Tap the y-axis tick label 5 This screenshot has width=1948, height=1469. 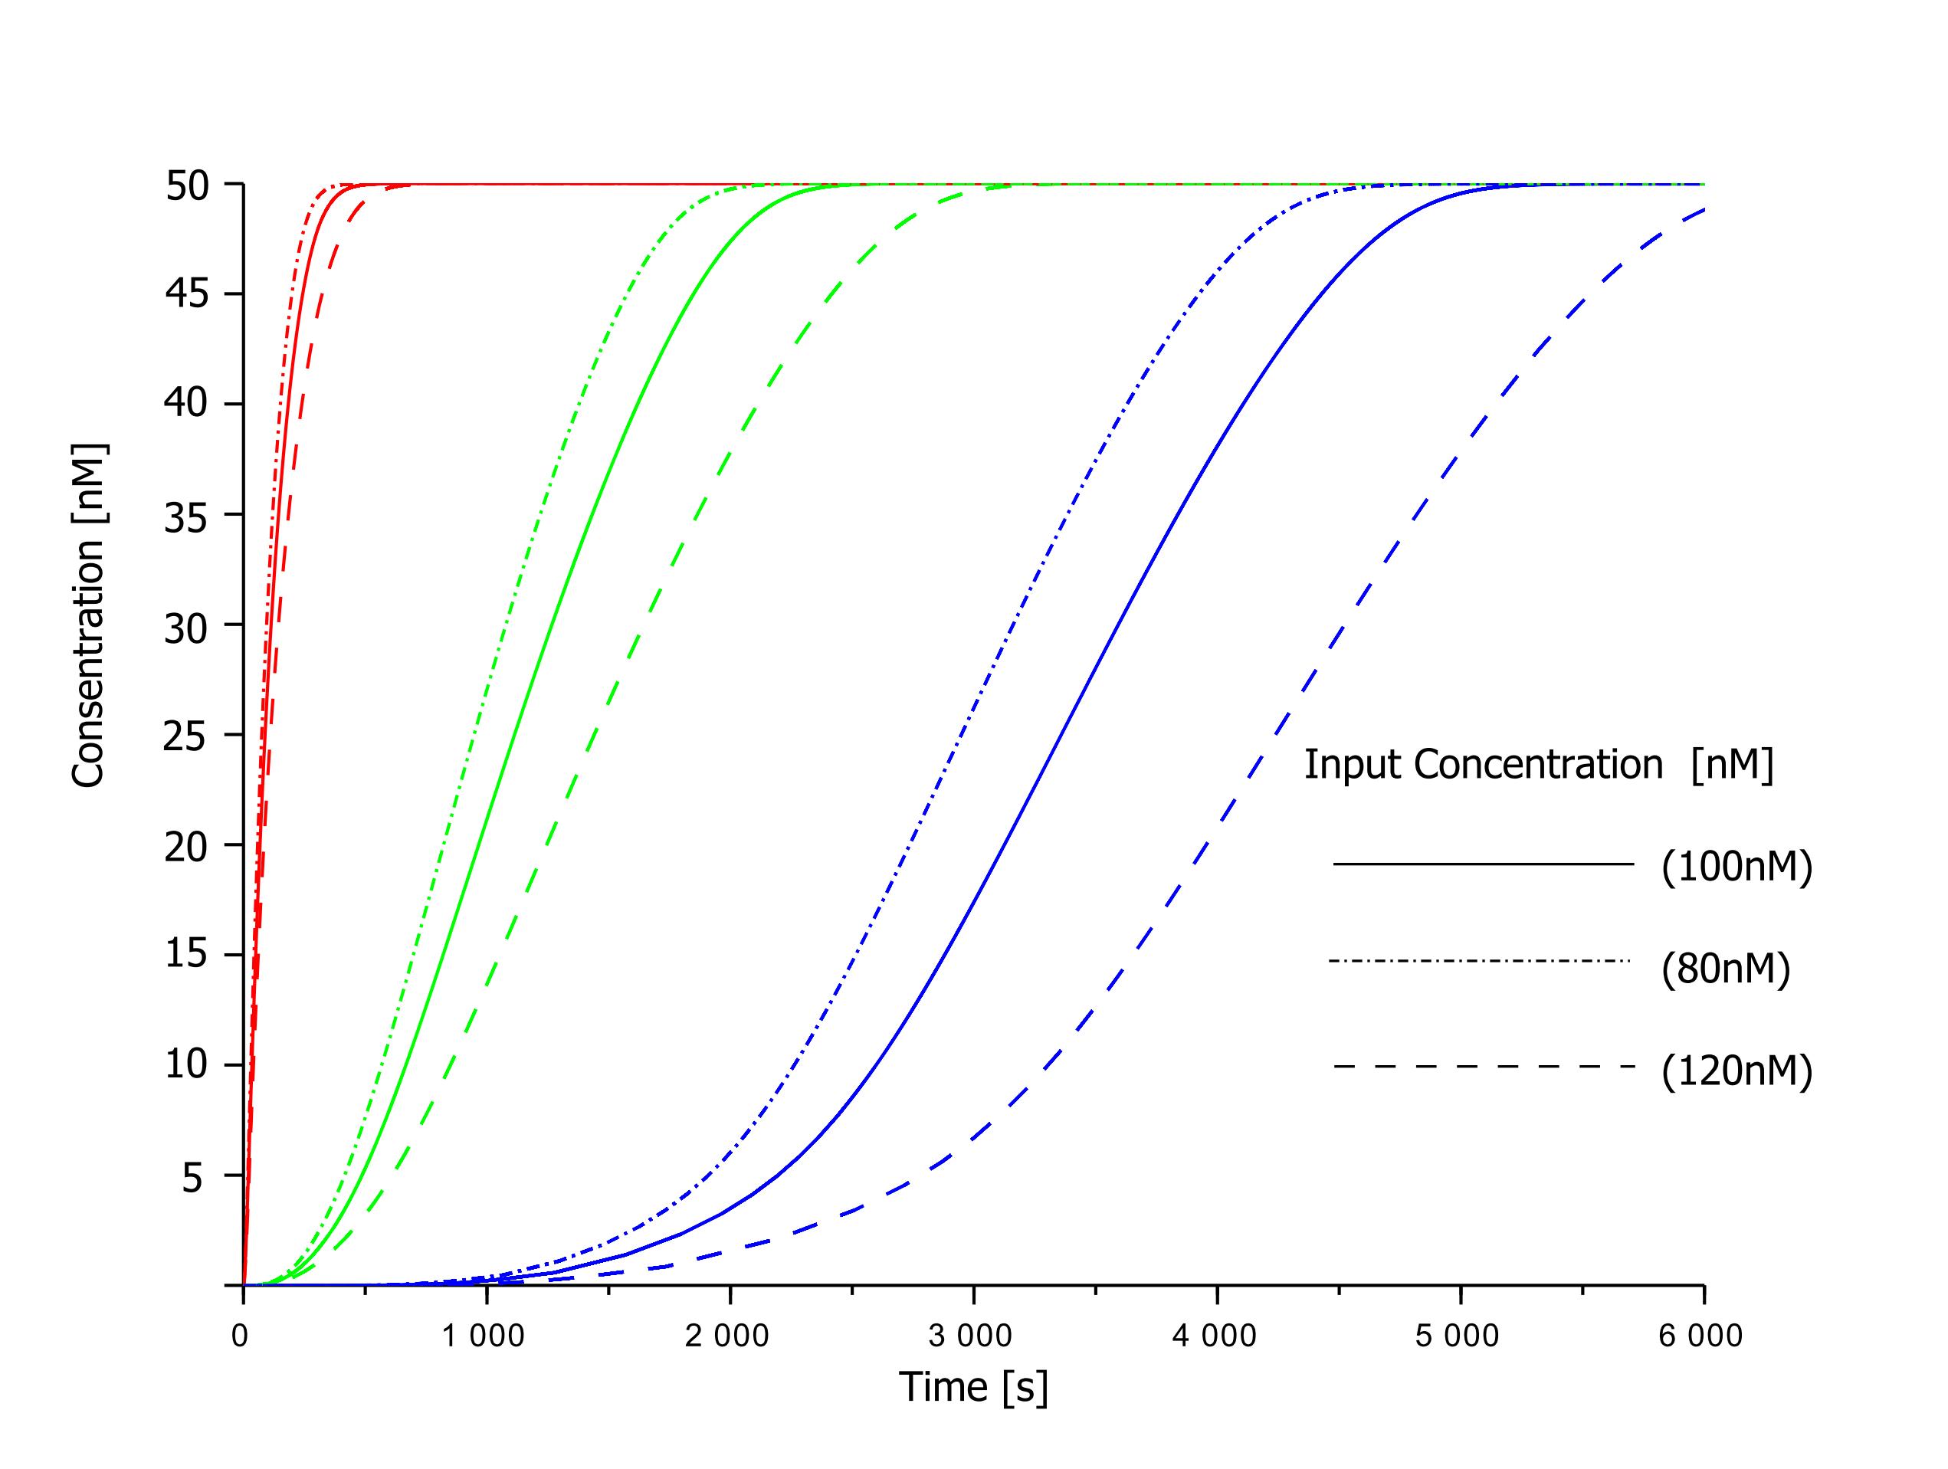(194, 1176)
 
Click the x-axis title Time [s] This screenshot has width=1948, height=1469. (974, 1387)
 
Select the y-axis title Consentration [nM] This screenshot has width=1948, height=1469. (89, 615)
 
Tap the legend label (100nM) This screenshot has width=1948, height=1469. (1736, 867)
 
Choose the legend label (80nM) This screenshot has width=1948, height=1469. (1725, 969)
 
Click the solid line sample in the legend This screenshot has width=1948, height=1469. (1483, 864)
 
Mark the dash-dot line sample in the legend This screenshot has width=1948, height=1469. (1480, 961)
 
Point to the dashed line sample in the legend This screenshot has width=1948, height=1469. (1483, 1067)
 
